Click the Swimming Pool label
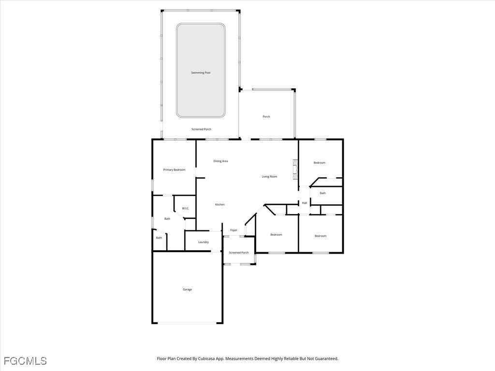(x=201, y=73)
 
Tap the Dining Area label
(x=220, y=161)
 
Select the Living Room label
(x=269, y=177)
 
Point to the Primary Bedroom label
(x=174, y=170)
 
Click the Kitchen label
(x=220, y=205)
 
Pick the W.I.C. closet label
(x=185, y=209)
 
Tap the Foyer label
(x=233, y=230)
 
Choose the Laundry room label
(x=204, y=243)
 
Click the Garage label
(x=187, y=290)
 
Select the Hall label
(x=305, y=203)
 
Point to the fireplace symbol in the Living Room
(x=295, y=170)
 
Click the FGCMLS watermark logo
(x=25, y=361)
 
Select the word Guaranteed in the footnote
(x=327, y=359)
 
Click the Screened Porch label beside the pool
(x=201, y=129)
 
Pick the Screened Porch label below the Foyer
(x=239, y=253)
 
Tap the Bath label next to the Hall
(x=322, y=193)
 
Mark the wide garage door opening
(x=188, y=323)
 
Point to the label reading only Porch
(x=266, y=117)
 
